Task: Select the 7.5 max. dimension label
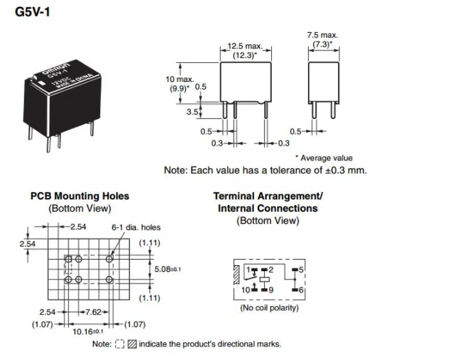click(x=322, y=34)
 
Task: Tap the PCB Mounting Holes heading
click(x=80, y=196)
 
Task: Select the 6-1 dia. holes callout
click(x=137, y=227)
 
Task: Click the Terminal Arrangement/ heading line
click(x=268, y=196)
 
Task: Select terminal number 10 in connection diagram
click(x=244, y=290)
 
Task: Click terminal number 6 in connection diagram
click(x=301, y=290)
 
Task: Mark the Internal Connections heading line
click(x=268, y=208)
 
